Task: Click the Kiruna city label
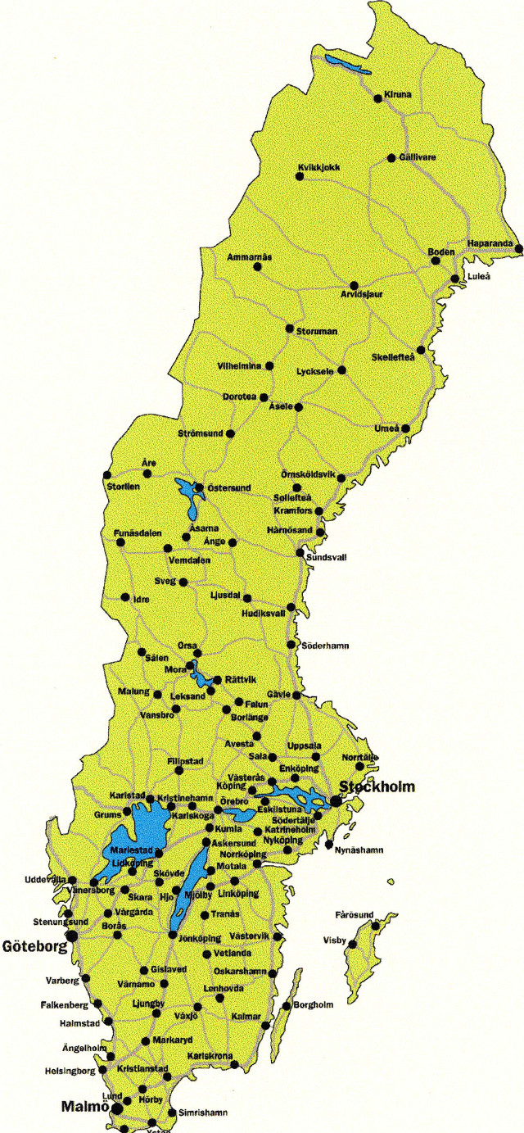coord(397,96)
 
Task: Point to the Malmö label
coord(85,1106)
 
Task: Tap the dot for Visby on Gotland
coord(352,945)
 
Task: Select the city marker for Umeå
coord(404,428)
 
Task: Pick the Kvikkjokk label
coord(318,168)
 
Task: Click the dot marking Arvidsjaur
coord(354,285)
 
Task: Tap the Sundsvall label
coord(326,557)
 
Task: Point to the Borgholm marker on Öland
coord(286,1006)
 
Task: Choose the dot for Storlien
coord(106,475)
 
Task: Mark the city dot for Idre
coord(125,597)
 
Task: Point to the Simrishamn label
coord(201,1113)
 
